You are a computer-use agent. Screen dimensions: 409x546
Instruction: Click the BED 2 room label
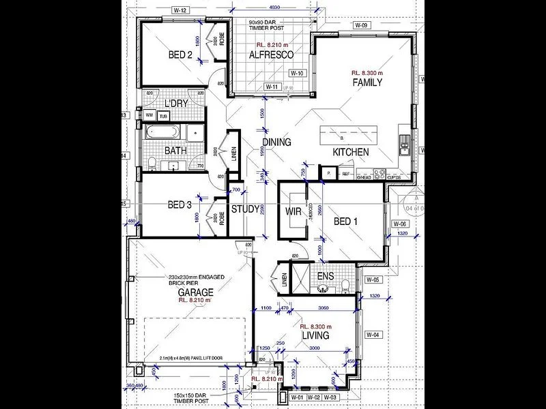click(x=180, y=55)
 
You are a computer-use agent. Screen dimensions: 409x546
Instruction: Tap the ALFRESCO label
click(x=271, y=55)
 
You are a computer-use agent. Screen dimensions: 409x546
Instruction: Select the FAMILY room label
click(x=367, y=82)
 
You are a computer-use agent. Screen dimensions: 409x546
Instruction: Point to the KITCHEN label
click(x=351, y=152)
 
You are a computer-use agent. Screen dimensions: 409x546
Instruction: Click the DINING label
click(x=276, y=142)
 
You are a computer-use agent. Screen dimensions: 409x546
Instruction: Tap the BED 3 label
click(x=180, y=204)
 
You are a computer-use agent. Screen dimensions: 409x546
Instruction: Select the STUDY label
click(x=245, y=209)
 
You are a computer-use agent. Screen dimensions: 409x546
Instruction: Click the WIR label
click(x=293, y=211)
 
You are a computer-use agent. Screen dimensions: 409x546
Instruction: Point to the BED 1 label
click(x=345, y=222)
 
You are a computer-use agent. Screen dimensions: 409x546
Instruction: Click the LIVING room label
click(x=315, y=336)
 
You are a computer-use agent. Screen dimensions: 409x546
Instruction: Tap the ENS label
click(x=326, y=277)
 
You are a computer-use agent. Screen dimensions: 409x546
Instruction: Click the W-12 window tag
click(x=180, y=10)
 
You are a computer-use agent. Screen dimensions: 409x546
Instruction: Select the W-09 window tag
click(x=361, y=25)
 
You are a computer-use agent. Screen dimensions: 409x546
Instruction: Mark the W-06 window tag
click(x=399, y=224)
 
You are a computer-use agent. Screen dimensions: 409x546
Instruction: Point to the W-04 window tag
click(x=372, y=335)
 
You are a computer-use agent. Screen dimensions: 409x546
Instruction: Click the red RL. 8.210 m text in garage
click(x=196, y=300)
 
